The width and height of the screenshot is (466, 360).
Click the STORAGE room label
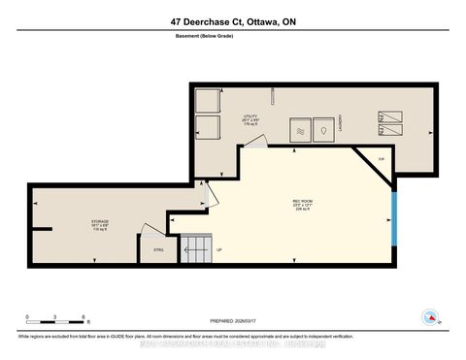[x=100, y=223]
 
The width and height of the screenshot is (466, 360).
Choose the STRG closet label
[x=158, y=249]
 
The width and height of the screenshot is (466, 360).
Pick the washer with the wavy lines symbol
[x=301, y=130]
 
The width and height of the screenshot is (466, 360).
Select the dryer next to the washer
[x=323, y=130]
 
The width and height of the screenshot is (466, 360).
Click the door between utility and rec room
[x=250, y=144]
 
